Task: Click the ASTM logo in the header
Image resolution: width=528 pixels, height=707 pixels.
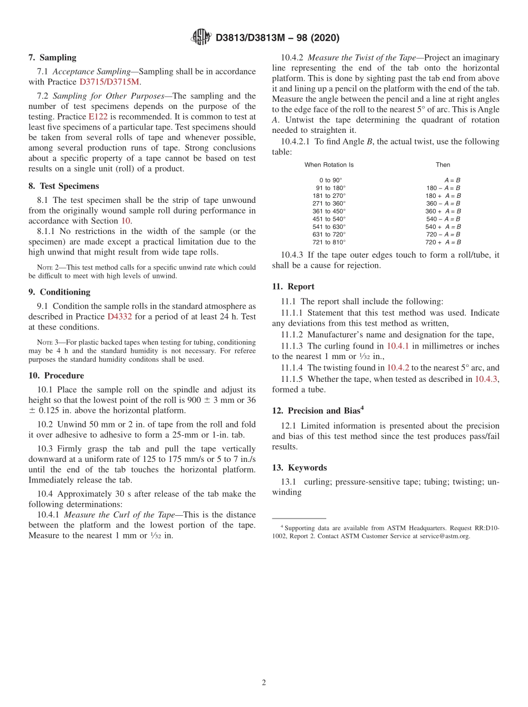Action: (x=201, y=37)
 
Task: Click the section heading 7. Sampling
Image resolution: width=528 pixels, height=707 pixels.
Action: (x=52, y=57)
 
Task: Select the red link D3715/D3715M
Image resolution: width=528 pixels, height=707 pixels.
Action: (x=110, y=82)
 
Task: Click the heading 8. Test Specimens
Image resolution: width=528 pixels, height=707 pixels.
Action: (x=63, y=186)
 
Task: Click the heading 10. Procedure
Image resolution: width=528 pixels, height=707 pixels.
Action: (x=56, y=376)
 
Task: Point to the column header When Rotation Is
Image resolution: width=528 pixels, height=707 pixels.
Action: (x=329, y=165)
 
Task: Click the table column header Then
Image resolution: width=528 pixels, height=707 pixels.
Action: (x=443, y=165)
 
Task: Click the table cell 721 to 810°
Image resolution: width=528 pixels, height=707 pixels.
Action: (x=329, y=242)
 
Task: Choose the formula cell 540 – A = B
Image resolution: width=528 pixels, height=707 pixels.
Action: (x=443, y=219)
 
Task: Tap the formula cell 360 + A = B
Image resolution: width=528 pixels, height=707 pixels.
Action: (x=443, y=211)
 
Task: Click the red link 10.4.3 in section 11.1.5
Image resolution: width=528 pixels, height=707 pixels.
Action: (x=486, y=379)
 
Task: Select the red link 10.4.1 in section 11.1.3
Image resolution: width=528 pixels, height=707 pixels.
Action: (x=398, y=346)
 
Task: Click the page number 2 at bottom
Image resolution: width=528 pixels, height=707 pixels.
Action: (x=264, y=683)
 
